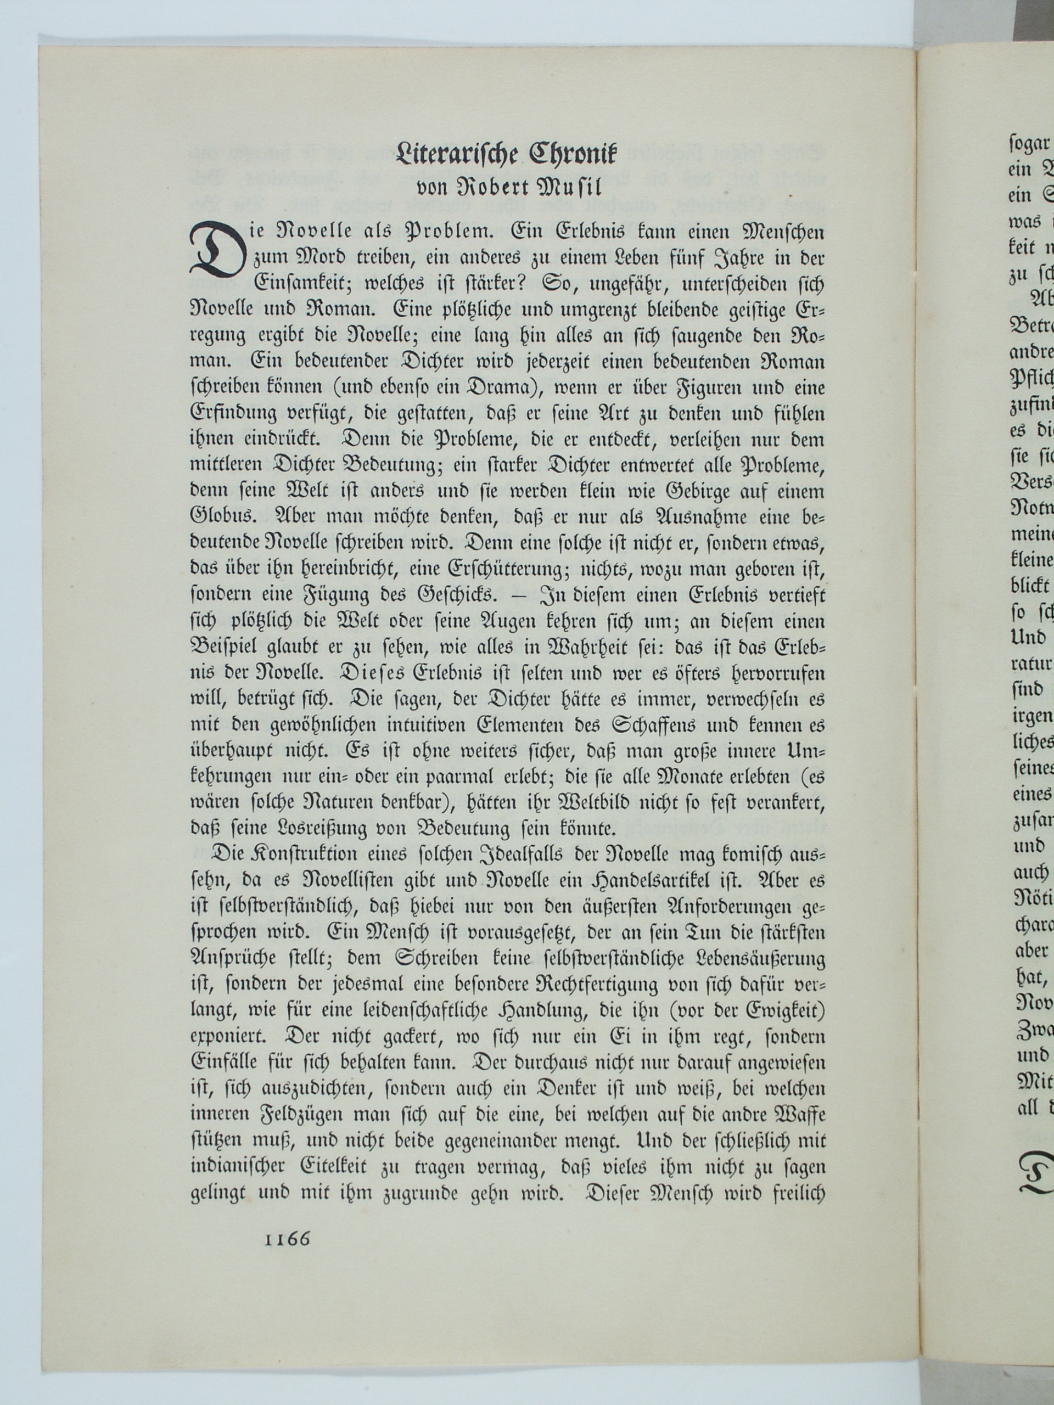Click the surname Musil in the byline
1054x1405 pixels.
pyautogui.click(x=565, y=189)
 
